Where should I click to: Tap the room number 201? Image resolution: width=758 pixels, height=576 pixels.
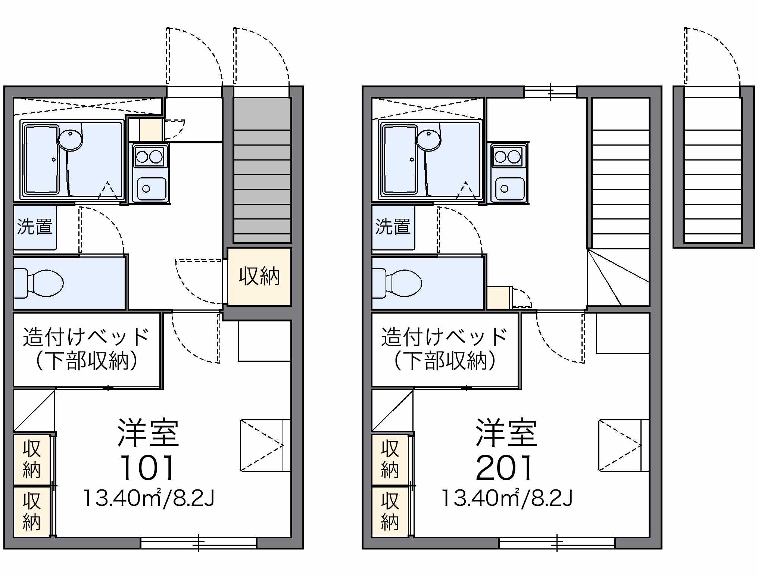click(x=505, y=468)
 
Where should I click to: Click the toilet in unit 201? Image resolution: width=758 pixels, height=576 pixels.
click(x=397, y=283)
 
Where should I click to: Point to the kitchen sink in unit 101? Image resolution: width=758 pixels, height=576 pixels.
click(x=152, y=189)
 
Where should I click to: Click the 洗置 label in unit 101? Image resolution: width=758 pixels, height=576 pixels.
click(x=35, y=227)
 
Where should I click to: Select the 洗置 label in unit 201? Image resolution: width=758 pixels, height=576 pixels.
click(x=393, y=227)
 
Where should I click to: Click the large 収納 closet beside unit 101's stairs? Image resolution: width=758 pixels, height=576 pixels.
click(x=259, y=277)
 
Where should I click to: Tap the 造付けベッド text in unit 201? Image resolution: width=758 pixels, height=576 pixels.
click(x=444, y=337)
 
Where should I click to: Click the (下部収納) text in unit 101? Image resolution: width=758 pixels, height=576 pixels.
click(x=87, y=361)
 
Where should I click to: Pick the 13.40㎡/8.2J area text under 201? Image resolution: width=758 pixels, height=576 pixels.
click(x=507, y=498)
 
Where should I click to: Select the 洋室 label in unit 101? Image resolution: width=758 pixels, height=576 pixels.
click(x=149, y=433)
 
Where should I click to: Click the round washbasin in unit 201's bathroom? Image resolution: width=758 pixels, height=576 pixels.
click(x=429, y=140)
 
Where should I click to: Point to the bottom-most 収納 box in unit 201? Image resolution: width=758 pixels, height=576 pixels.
click(x=390, y=512)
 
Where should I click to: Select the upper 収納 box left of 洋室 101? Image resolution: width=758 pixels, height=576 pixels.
click(x=32, y=460)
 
